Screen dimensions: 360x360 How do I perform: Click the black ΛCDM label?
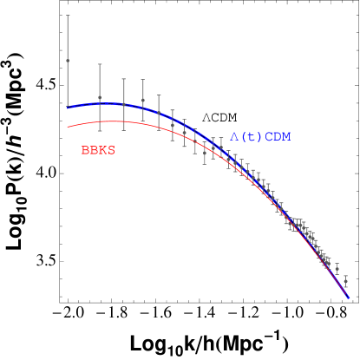pos(219,117)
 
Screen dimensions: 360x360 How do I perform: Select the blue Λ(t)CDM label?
pos(260,137)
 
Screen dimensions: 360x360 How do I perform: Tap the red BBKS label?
pos(98,150)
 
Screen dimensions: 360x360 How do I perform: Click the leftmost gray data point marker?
pos(68,61)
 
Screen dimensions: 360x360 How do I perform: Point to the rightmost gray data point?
pos(345,281)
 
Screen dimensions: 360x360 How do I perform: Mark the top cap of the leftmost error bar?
pos(68,16)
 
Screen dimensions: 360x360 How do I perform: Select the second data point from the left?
pos(100,98)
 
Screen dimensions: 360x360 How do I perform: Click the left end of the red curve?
pos(68,127)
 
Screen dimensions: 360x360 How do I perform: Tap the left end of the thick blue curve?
pos(68,108)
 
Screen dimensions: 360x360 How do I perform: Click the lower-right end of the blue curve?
pos(349,298)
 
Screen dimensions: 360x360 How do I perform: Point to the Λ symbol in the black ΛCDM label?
pos(206,117)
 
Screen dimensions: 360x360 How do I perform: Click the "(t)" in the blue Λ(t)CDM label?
pos(249,137)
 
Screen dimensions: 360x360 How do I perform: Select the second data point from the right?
pos(337,269)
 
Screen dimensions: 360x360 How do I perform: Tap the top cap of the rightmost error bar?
pos(345,273)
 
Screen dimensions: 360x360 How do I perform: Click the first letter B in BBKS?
pos(85,150)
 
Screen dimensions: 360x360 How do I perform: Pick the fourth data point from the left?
pos(143,101)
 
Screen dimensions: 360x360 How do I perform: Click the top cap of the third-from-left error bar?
pos(123,79)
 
